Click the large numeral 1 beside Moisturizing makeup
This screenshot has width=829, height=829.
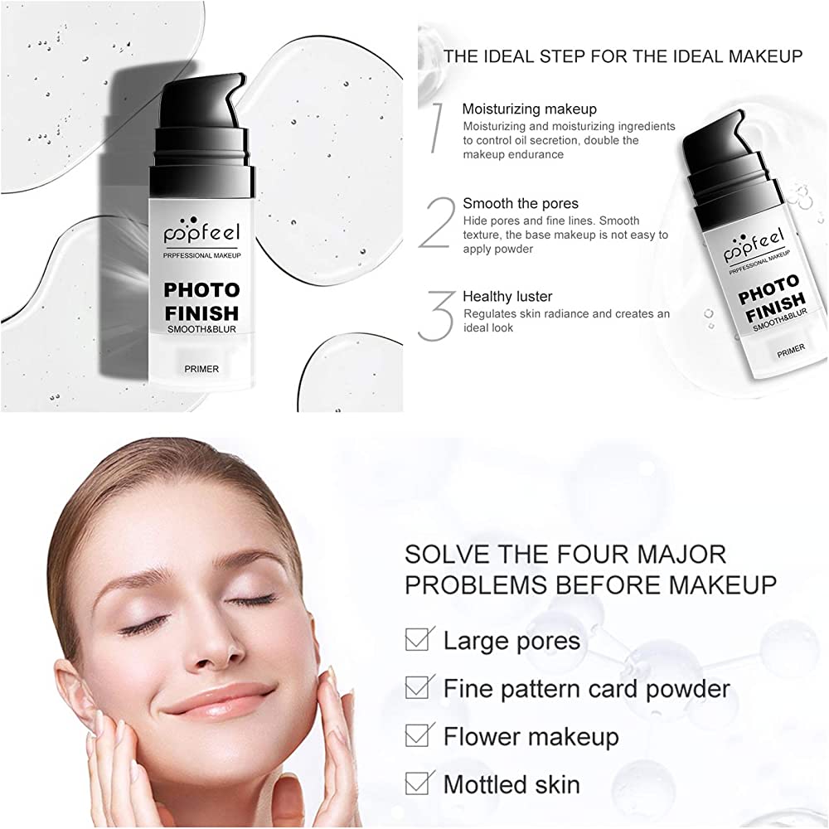437,128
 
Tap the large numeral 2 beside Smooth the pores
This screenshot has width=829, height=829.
437,222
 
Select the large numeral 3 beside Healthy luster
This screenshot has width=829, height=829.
437,316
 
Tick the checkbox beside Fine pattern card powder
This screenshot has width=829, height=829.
419,686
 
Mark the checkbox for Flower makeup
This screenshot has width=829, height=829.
419,734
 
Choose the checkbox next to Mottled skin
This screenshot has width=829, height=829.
419,783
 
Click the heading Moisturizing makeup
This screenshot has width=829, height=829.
529,109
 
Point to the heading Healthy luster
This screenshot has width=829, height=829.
507,296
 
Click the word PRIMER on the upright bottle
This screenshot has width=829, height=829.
201,369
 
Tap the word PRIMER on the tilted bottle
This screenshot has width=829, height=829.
791,351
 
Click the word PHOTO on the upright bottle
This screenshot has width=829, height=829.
201,289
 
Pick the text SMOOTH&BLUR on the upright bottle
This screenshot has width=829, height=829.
201,329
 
